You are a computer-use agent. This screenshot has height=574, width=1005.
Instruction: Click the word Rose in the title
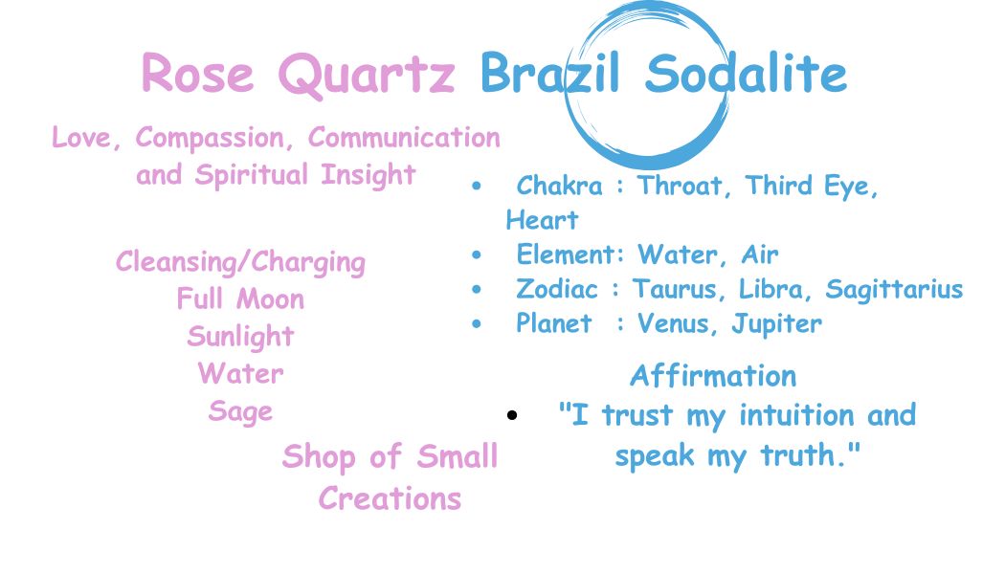coord(197,73)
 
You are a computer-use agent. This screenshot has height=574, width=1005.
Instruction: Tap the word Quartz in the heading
coord(367,76)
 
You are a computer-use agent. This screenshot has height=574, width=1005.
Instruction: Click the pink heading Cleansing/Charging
coord(240,263)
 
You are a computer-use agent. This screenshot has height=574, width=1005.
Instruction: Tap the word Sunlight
coord(240,337)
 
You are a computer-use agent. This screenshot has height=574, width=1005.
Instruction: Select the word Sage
coord(240,411)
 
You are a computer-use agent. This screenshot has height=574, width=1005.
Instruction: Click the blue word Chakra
coord(560,186)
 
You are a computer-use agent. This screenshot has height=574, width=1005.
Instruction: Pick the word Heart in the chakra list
coord(543,220)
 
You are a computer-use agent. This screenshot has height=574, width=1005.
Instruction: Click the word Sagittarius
coord(894,290)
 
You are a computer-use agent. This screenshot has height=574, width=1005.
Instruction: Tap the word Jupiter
coord(777,324)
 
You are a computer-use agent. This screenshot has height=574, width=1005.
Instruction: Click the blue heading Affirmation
coord(713,376)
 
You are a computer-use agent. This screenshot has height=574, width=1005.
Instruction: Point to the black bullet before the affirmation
coord(511,415)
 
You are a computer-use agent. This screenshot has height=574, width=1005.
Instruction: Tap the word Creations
coord(390,498)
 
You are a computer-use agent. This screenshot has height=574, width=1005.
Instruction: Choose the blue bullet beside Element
coord(477,255)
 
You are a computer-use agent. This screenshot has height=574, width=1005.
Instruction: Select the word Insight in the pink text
coord(368,175)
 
